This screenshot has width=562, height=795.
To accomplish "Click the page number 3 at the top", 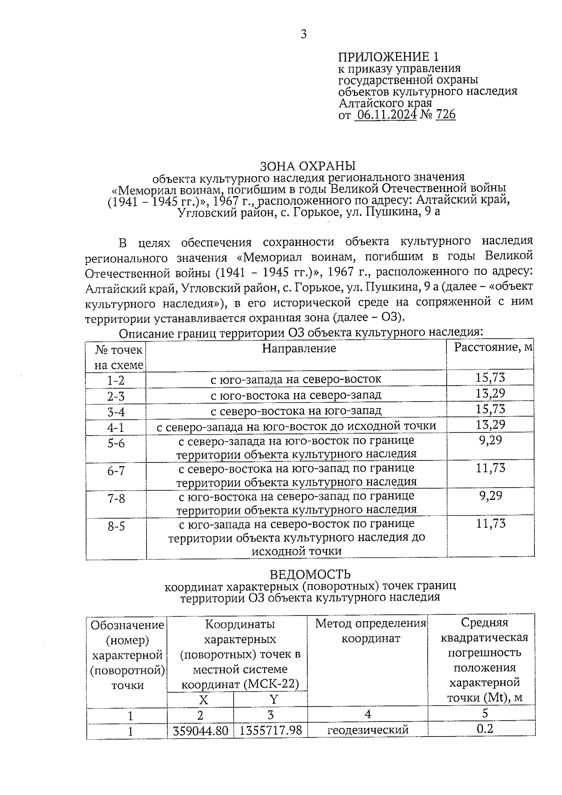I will coord(303,34).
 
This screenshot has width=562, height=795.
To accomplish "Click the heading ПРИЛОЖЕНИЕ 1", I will coord(388,57).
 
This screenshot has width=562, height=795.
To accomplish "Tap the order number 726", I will coord(445,115).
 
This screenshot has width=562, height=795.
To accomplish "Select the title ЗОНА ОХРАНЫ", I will coord(308,166).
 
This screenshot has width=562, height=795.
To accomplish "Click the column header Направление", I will coord(299,348).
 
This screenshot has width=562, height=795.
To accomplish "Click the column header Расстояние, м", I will coord(494,347).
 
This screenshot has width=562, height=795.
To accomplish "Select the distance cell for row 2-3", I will coord(490,394).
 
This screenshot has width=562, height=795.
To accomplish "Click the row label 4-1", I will coord(116,427).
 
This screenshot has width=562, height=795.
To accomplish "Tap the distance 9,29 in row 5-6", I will coord(490,440).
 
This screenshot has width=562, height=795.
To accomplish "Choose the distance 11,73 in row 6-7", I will coord(490,468).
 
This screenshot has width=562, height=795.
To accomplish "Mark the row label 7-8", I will coord(116,498).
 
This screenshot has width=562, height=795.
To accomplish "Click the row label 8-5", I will coord(116,527).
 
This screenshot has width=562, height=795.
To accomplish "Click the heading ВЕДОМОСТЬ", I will coord(310,574).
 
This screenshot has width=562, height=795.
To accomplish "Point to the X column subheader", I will coord(203,699).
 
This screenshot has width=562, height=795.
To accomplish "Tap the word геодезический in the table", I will coord(368,730).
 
